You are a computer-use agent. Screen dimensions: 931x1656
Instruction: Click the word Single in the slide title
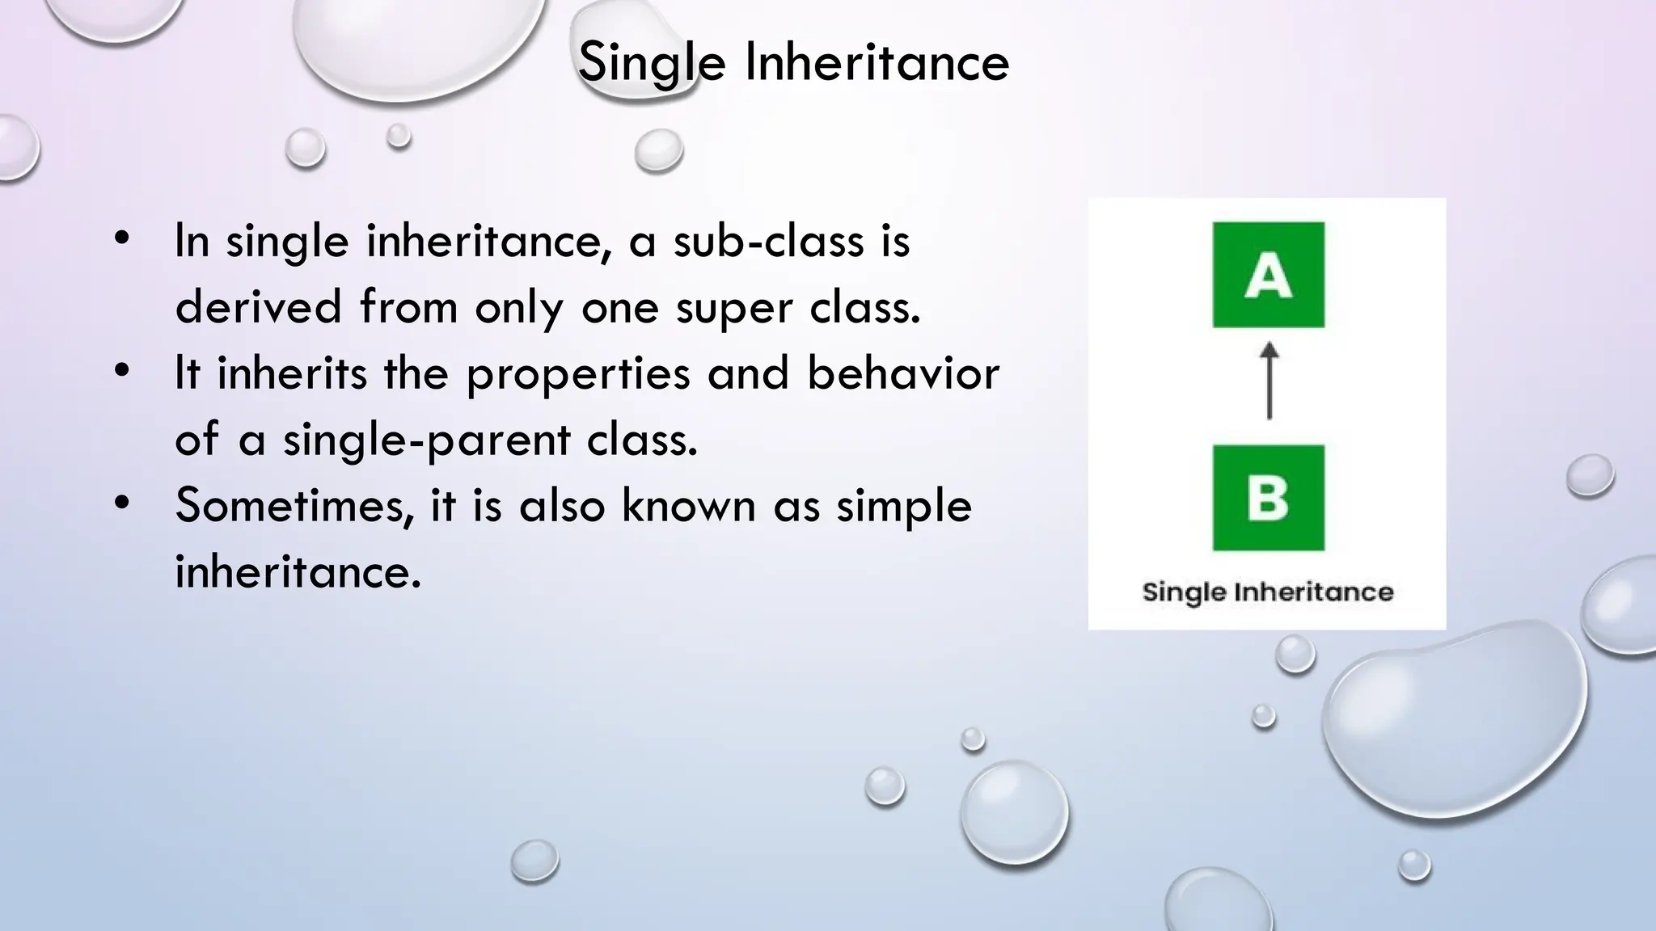pos(652,63)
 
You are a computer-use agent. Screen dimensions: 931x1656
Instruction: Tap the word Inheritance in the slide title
pos(877,61)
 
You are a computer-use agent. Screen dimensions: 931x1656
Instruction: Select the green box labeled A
pos(1268,275)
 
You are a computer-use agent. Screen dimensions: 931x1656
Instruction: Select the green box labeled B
pos(1268,497)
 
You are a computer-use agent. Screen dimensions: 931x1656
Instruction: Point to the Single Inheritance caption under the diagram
pos(1267,592)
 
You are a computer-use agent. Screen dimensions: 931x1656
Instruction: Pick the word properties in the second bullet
pos(577,375)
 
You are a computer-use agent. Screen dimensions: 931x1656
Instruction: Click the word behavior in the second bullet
pos(903,373)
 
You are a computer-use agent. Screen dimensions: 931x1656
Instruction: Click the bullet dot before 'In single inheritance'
pos(122,238)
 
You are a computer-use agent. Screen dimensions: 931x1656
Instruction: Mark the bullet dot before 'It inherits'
pos(122,371)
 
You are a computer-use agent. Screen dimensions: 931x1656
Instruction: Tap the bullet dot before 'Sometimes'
pos(122,503)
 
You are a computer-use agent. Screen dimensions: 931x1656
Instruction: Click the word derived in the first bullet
pos(258,307)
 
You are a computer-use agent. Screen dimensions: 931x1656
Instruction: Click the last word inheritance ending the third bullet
pos(298,572)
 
